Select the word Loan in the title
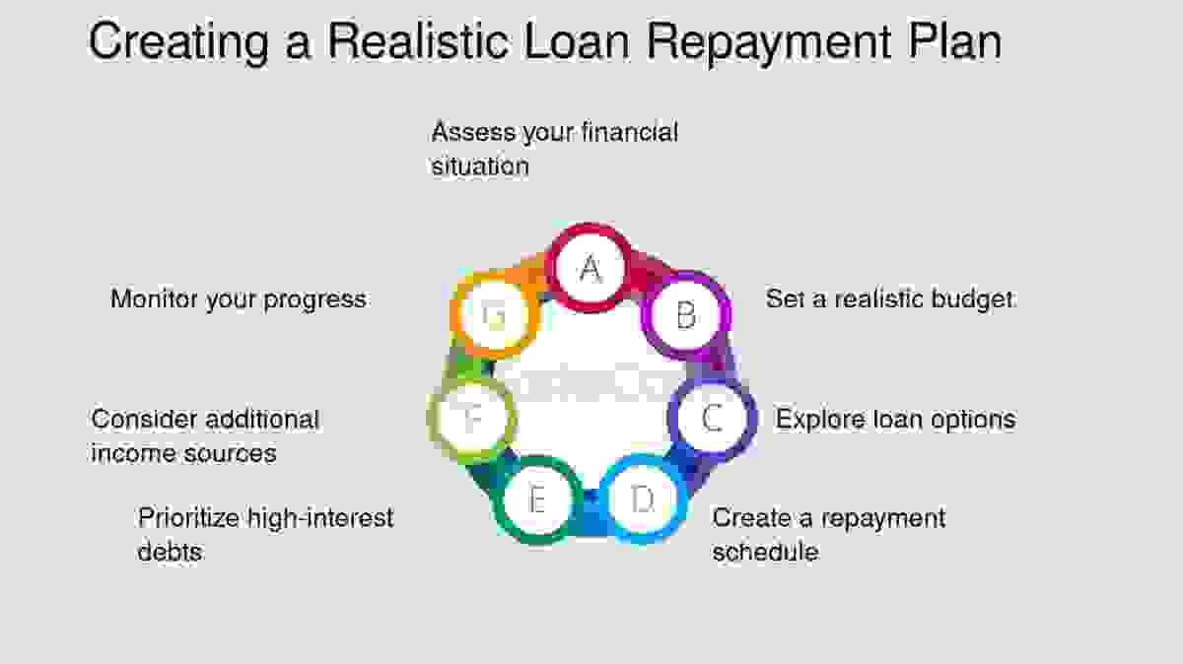click(578, 40)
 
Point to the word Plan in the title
click(955, 40)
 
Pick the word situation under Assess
click(480, 166)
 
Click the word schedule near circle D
click(765, 552)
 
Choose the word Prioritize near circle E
click(188, 518)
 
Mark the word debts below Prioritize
click(170, 552)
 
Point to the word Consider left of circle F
click(145, 420)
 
